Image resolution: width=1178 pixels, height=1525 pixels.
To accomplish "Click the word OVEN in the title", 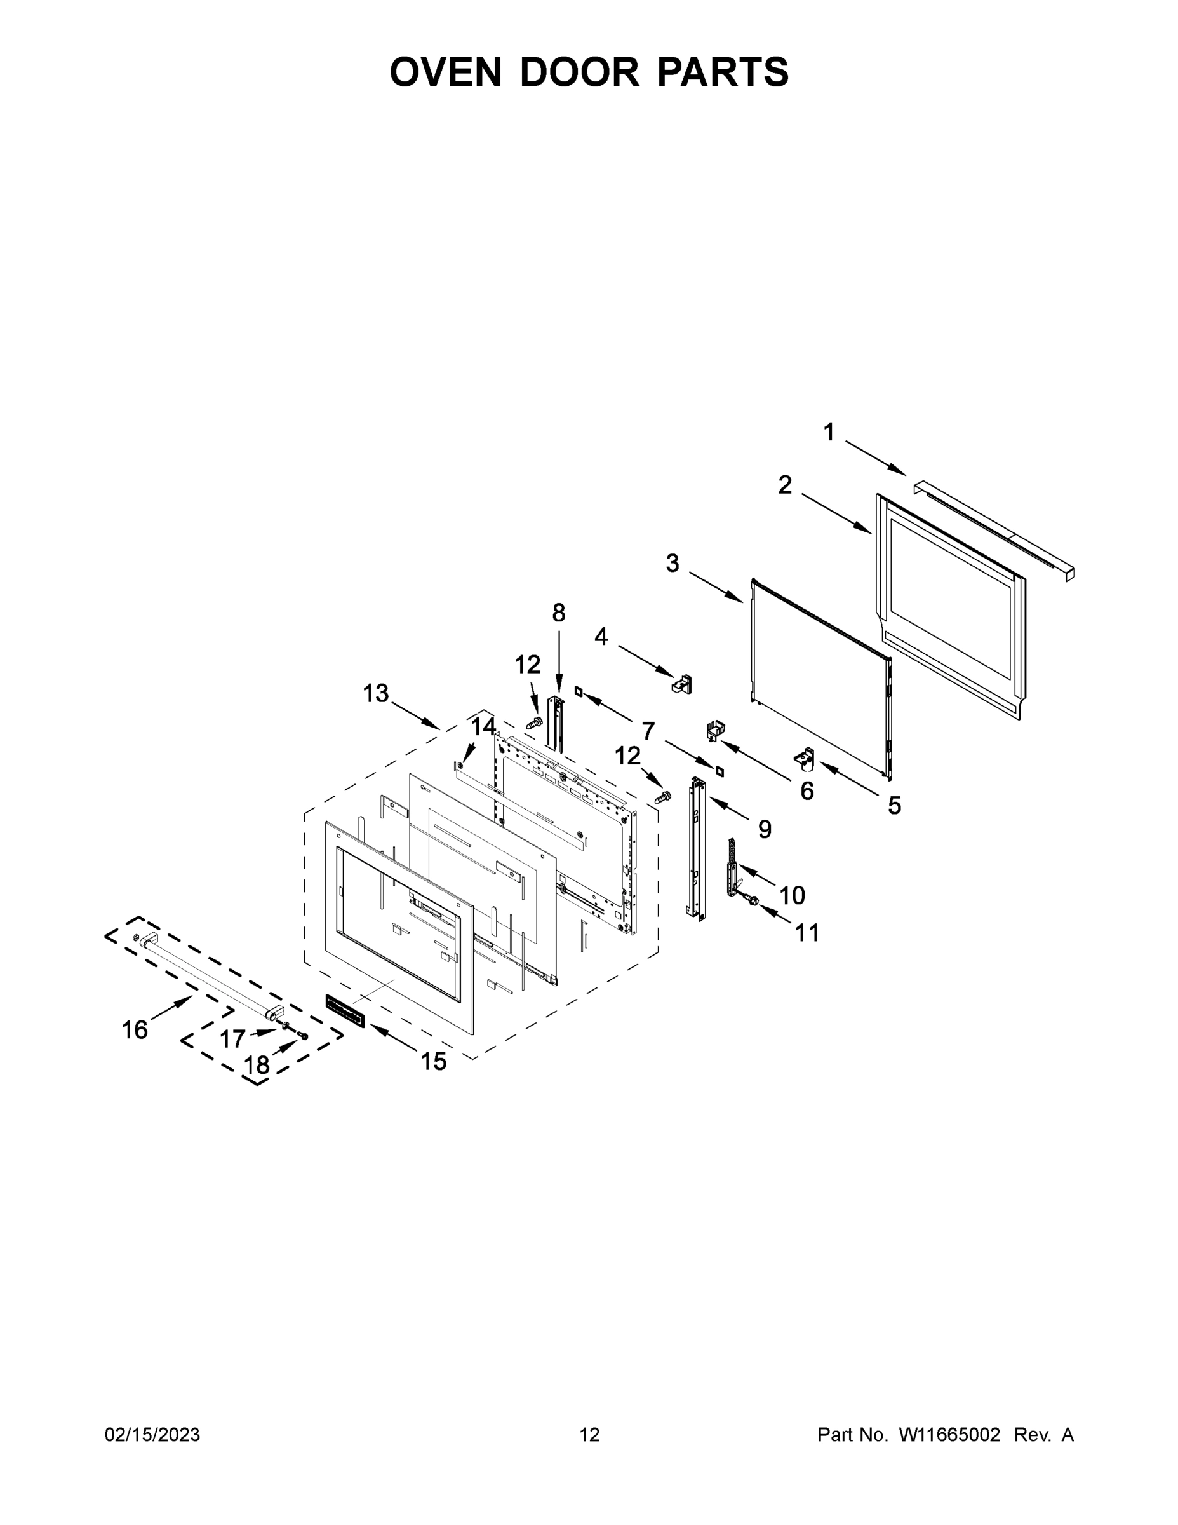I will tap(445, 72).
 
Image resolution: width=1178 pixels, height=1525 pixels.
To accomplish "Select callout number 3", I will tap(672, 564).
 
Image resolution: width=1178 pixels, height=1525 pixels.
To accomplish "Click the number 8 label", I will tap(558, 613).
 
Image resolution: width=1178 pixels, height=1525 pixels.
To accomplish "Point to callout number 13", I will tap(375, 693).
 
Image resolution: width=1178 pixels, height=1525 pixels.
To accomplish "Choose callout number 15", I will tap(433, 1061).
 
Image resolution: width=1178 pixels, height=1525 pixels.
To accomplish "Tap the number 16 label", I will tap(135, 1030).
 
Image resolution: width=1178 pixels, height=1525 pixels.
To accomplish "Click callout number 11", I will tap(807, 932).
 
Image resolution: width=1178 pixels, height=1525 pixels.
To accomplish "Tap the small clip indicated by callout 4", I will tap(682, 684).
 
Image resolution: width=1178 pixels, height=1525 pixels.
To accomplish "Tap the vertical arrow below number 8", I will tap(558, 662).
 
